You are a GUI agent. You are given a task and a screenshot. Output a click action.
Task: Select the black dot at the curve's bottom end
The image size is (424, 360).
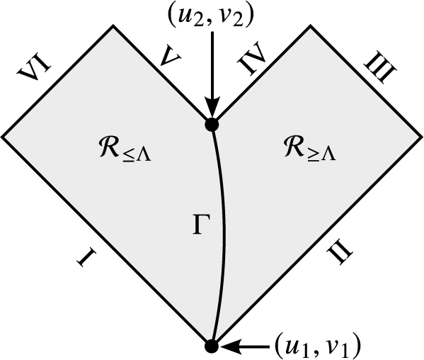(211, 347)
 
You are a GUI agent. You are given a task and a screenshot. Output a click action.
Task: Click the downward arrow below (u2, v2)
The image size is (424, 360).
(211, 71)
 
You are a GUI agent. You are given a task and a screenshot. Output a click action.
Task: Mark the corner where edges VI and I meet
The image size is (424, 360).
(3, 135)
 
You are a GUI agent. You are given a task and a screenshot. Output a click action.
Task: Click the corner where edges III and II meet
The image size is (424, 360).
(420, 135)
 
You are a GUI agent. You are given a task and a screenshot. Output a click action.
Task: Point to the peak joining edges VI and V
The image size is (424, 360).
(112, 26)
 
